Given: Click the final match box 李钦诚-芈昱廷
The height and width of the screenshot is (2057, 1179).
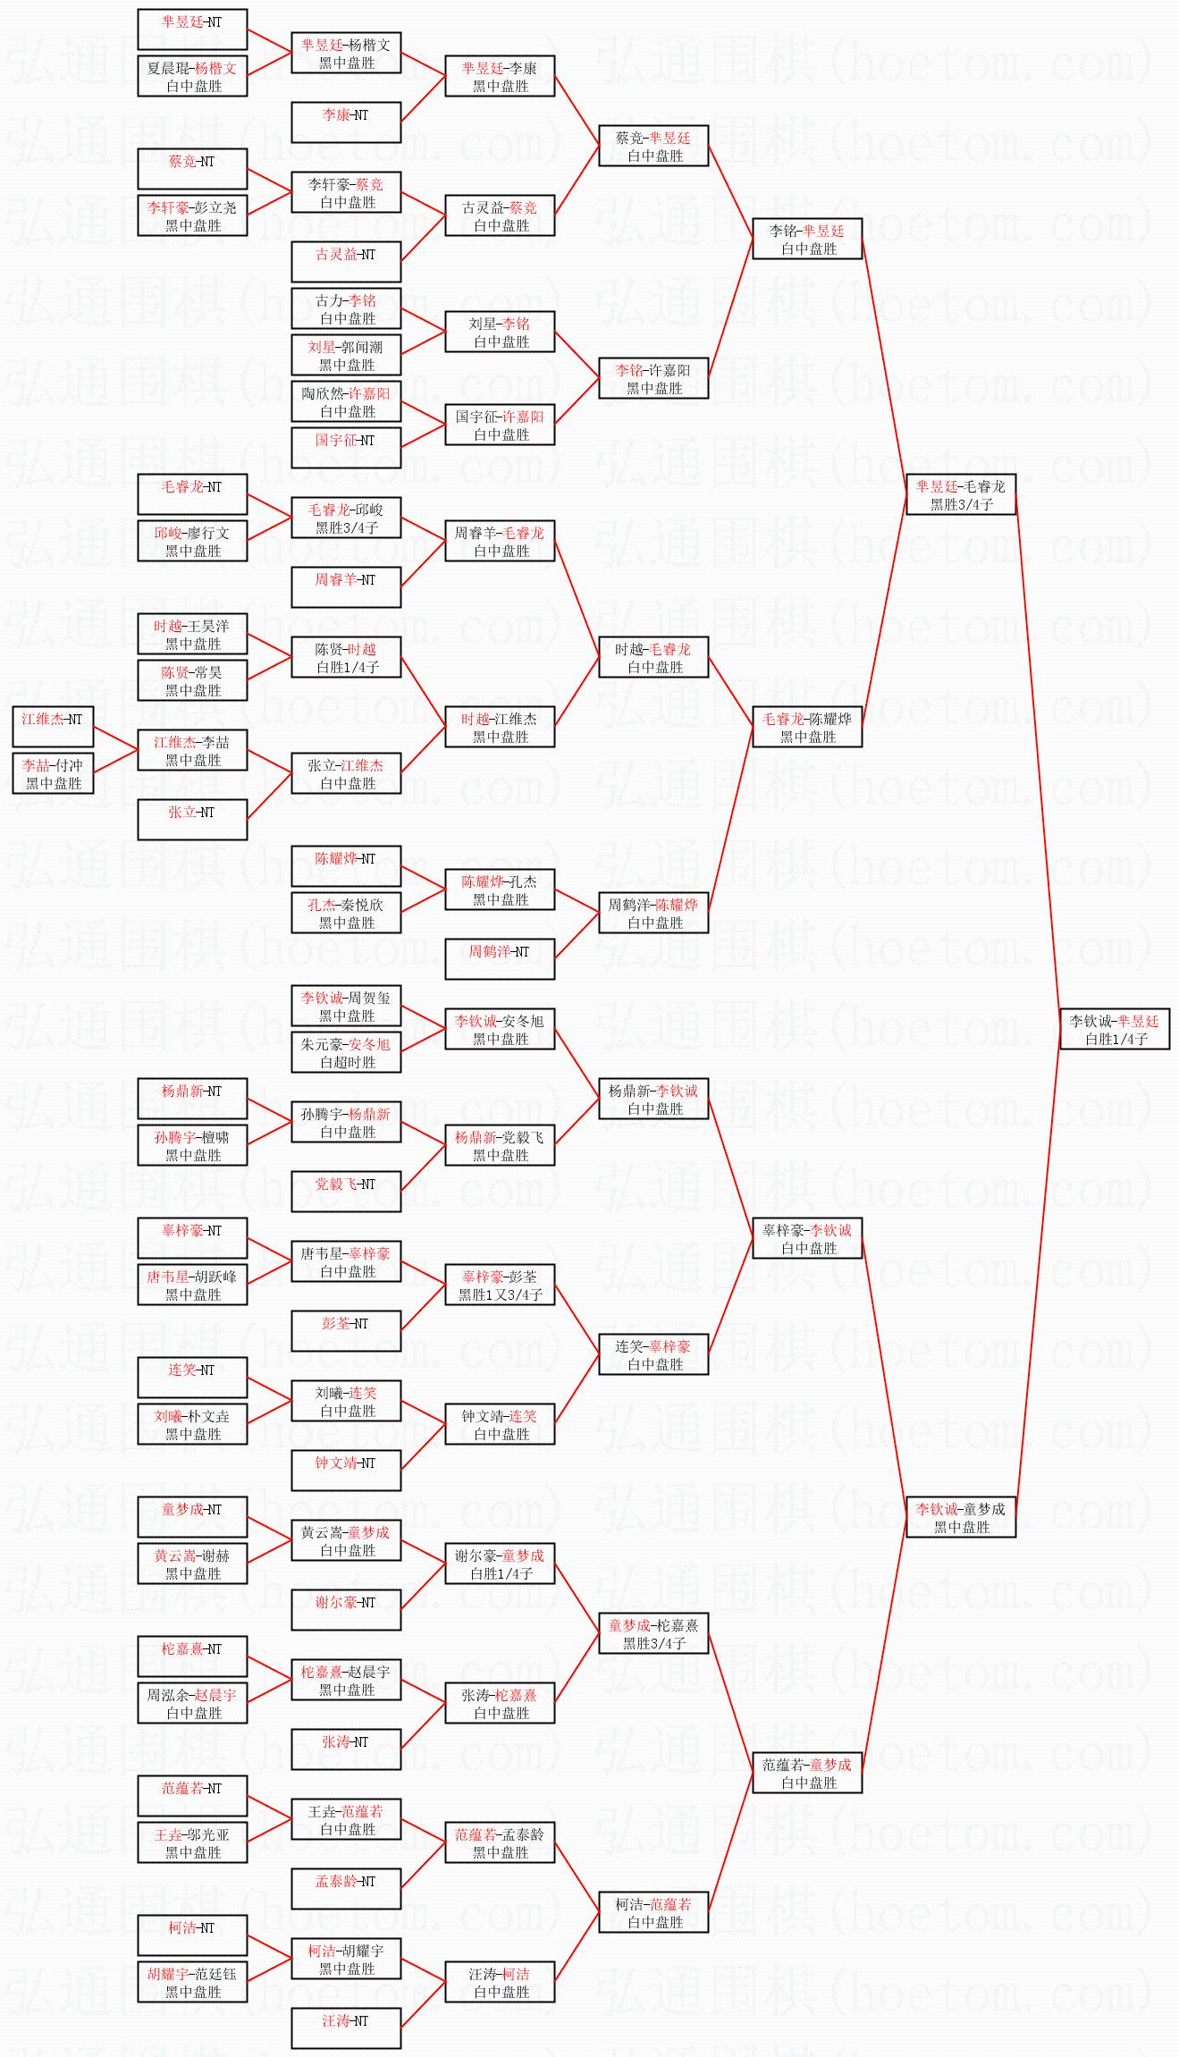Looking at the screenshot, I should pyautogui.click(x=1114, y=1029).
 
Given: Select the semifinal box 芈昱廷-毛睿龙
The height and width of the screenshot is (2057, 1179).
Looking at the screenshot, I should pyautogui.click(x=960, y=494).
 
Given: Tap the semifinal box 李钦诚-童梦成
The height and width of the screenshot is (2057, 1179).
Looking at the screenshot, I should pyautogui.click(x=960, y=1517).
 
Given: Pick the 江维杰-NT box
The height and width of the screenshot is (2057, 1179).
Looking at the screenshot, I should pyautogui.click(x=53, y=726).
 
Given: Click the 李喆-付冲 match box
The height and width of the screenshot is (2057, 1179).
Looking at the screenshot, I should pyautogui.click(x=53, y=773).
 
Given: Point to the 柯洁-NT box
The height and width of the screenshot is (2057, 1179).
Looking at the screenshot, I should pyautogui.click(x=192, y=1935).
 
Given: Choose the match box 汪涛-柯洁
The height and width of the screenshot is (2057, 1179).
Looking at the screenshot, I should pyautogui.click(x=500, y=1982).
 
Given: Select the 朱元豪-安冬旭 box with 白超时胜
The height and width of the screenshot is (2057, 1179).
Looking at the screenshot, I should pyautogui.click(x=346, y=1052).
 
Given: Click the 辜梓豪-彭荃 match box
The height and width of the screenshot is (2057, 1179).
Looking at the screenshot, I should pyautogui.click(x=500, y=1285).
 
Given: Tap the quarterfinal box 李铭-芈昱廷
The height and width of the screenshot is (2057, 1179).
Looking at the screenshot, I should pyautogui.click(x=807, y=239).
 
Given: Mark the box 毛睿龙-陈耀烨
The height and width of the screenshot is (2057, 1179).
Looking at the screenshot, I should pyautogui.click(x=807, y=727).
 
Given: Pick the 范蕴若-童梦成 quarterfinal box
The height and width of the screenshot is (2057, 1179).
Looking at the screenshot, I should pyautogui.click(x=807, y=1773).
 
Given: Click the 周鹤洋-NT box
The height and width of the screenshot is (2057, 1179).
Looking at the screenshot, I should pyautogui.click(x=500, y=959).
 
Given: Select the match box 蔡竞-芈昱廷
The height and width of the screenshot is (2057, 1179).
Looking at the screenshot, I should pyautogui.click(x=653, y=146).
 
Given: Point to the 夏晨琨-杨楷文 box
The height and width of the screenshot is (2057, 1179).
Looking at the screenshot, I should pyautogui.click(x=192, y=76).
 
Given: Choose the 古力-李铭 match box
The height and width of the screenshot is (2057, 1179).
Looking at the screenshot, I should pyautogui.click(x=346, y=308).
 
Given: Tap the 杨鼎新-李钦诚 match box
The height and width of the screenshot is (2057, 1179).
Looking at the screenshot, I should pyautogui.click(x=653, y=1099).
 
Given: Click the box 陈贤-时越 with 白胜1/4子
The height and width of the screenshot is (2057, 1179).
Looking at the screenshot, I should pyautogui.click(x=346, y=657).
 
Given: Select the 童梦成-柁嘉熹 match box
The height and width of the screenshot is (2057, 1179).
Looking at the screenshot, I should pyautogui.click(x=653, y=1633).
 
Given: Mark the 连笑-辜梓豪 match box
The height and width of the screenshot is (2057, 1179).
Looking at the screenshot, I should pyautogui.click(x=653, y=1354).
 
